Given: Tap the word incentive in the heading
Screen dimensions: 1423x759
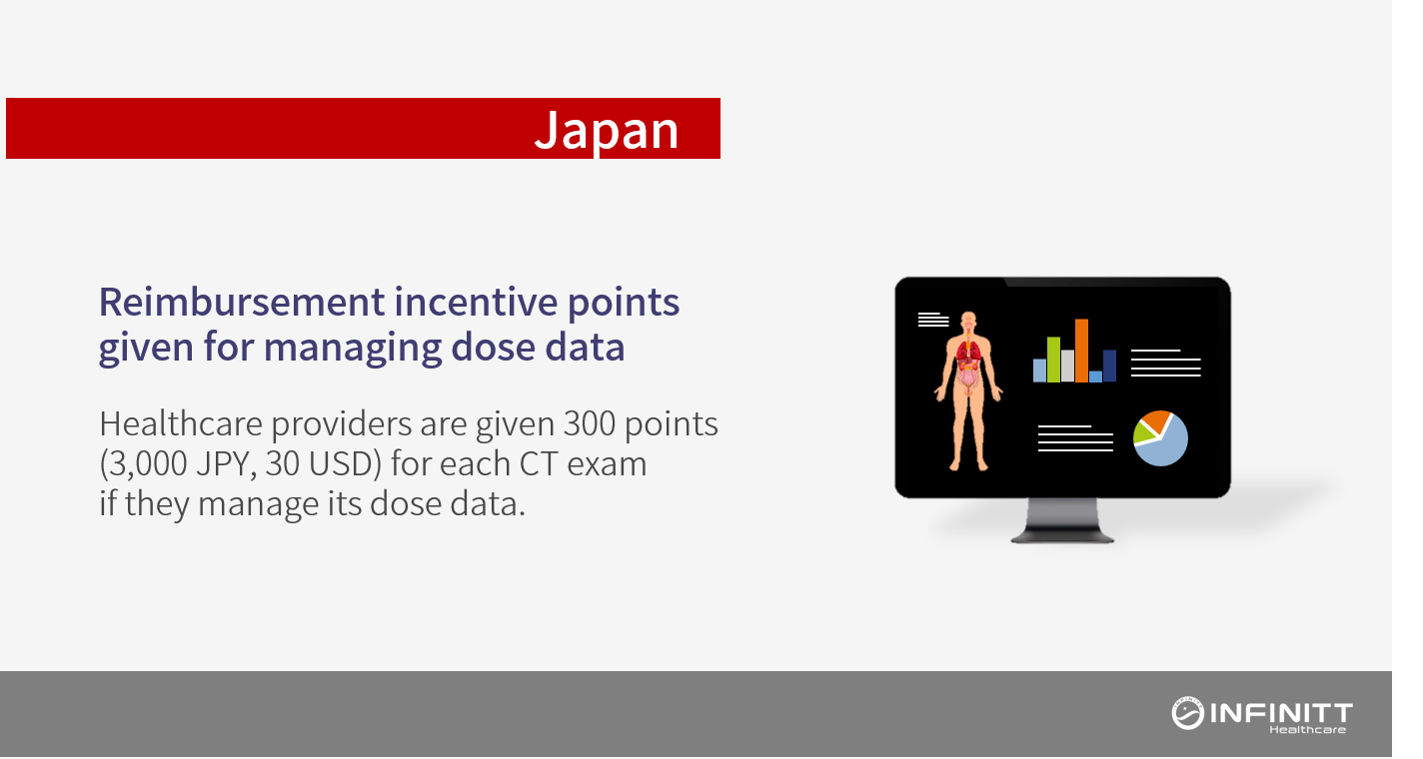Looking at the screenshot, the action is (x=476, y=302).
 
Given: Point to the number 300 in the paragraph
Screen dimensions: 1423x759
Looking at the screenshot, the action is (x=590, y=423).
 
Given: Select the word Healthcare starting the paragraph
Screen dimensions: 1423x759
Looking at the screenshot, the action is (x=181, y=423).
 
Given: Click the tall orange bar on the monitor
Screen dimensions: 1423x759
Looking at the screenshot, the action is (x=1081, y=351).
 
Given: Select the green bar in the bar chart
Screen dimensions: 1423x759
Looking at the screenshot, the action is (x=1053, y=360).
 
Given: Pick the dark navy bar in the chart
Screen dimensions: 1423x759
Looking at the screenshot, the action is (x=1109, y=366).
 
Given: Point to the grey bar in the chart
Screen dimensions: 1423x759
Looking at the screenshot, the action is (x=1067, y=367).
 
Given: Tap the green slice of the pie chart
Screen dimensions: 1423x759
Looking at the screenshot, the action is (x=1143, y=432).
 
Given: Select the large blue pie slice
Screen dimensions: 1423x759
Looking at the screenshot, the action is (x=1166, y=445).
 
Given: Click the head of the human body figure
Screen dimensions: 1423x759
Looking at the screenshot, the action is (x=968, y=320).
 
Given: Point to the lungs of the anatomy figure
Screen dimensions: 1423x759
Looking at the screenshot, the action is (x=968, y=351).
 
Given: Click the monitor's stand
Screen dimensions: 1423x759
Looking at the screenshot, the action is (x=1062, y=520).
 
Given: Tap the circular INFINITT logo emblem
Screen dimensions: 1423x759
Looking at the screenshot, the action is (x=1187, y=713).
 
